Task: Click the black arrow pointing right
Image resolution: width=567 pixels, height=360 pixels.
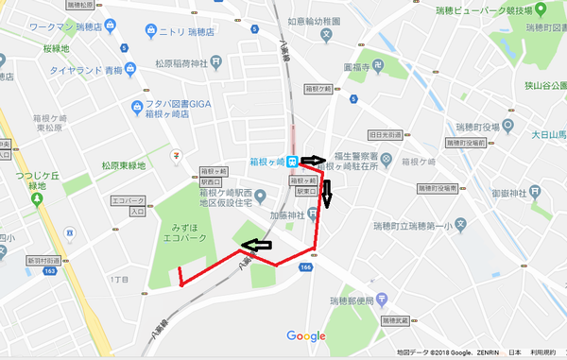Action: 313,161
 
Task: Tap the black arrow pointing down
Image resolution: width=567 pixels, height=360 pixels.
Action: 327,196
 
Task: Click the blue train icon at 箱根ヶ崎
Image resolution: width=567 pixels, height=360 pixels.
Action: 295,161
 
